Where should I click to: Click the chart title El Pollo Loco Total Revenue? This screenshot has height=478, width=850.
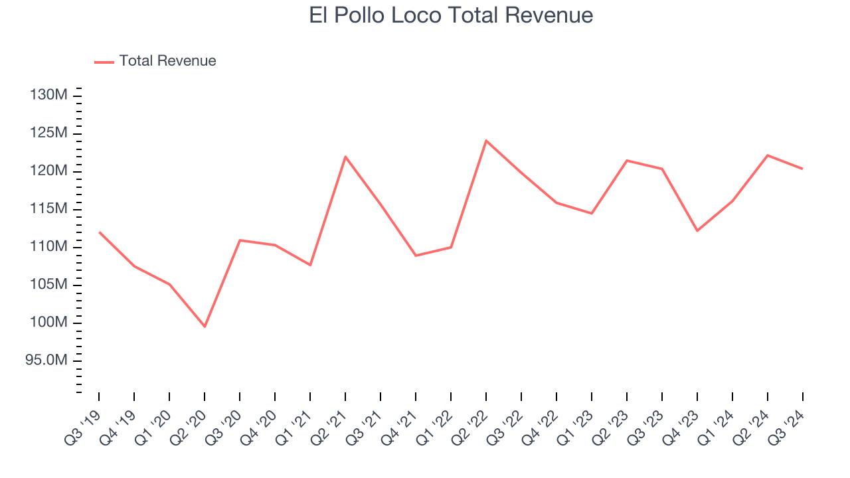451,15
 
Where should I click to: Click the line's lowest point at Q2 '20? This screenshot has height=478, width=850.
205,327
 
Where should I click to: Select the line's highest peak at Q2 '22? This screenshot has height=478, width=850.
486,140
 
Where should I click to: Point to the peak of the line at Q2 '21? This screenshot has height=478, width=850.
345,157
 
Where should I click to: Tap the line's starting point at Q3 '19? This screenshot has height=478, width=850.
99,232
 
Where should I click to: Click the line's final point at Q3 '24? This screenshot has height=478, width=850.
802,169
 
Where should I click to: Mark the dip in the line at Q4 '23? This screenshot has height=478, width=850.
697,231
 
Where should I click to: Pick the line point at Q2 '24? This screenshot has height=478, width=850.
768,155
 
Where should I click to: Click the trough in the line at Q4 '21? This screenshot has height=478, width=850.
416,256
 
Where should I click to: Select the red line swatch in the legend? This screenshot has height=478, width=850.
104,62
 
